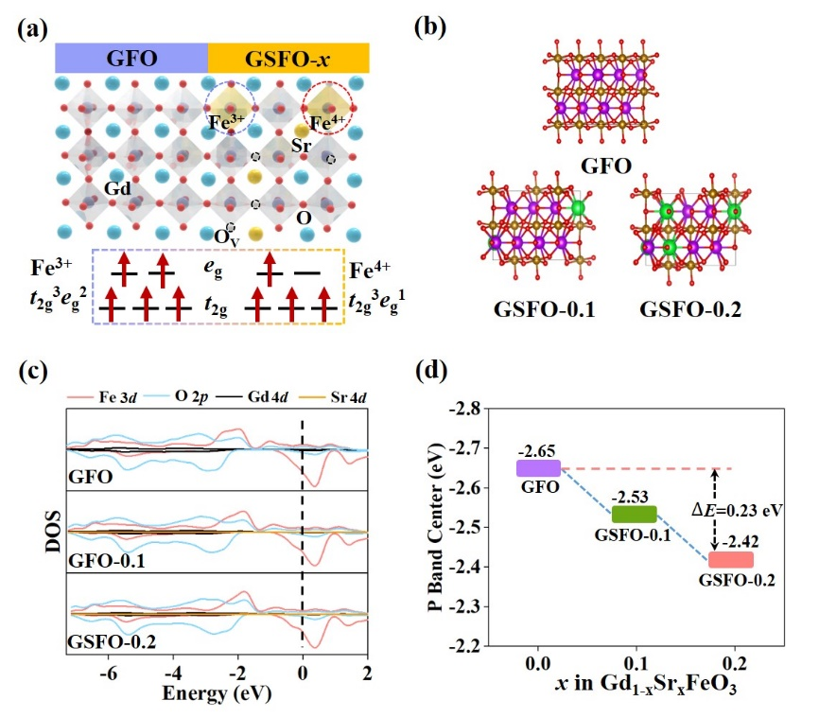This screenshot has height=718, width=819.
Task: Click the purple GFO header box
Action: click(x=131, y=59)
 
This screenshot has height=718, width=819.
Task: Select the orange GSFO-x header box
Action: click(x=288, y=59)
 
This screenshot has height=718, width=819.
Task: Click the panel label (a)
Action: click(x=33, y=26)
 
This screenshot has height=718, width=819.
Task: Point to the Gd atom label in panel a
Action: click(x=117, y=188)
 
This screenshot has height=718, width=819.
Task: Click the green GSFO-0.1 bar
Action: click(x=634, y=514)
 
